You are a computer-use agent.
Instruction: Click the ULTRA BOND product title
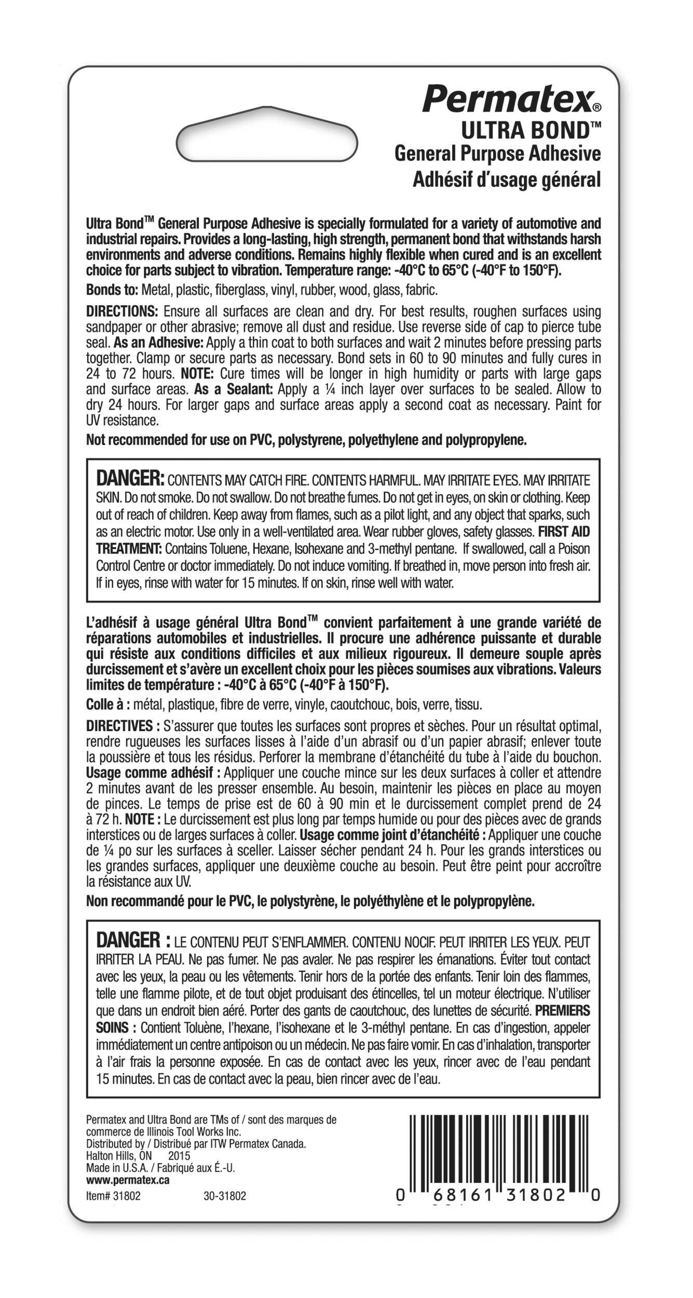tap(542, 130)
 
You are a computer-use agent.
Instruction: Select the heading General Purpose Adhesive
tap(497, 154)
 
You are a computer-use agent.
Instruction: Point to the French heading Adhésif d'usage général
tap(506, 179)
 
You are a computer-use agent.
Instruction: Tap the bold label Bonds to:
tap(112, 289)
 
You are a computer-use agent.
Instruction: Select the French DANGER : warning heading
tap(133, 940)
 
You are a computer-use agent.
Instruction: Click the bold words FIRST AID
tap(564, 532)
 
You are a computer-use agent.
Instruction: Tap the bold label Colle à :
tap(108, 705)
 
